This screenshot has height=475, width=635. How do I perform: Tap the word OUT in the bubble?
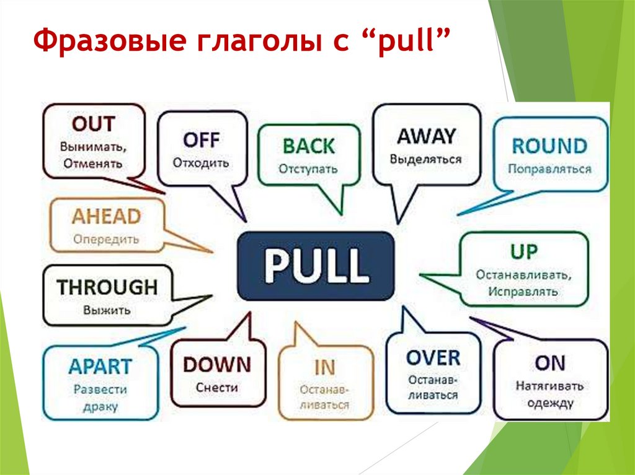pyautogui.click(x=94, y=124)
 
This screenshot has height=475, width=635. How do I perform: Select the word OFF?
pyautogui.click(x=202, y=139)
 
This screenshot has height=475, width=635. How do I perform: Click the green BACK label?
pyautogui.click(x=308, y=146)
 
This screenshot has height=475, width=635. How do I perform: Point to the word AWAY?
pyautogui.click(x=426, y=136)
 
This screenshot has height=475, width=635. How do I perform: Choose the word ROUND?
pyautogui.click(x=549, y=146)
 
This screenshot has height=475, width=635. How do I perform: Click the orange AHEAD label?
pyautogui.click(x=106, y=217)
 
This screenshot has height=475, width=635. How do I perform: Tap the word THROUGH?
pyautogui.click(x=107, y=287)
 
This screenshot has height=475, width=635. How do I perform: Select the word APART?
pyautogui.click(x=100, y=366)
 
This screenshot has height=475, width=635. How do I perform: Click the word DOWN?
pyautogui.click(x=217, y=364)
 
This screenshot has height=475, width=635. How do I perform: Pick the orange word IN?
pyautogui.click(x=324, y=367)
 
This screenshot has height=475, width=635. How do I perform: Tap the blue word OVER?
pyautogui.click(x=433, y=358)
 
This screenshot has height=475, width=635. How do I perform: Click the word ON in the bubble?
pyautogui.click(x=550, y=363)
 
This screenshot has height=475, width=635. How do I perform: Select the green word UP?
pyautogui.click(x=524, y=251)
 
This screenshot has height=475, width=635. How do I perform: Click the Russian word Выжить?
pyautogui.click(x=107, y=310)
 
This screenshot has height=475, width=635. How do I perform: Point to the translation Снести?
pyautogui.click(x=217, y=388)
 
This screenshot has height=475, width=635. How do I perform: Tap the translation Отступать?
pyautogui.click(x=308, y=168)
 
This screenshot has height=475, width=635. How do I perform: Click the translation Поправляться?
pyautogui.click(x=549, y=168)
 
